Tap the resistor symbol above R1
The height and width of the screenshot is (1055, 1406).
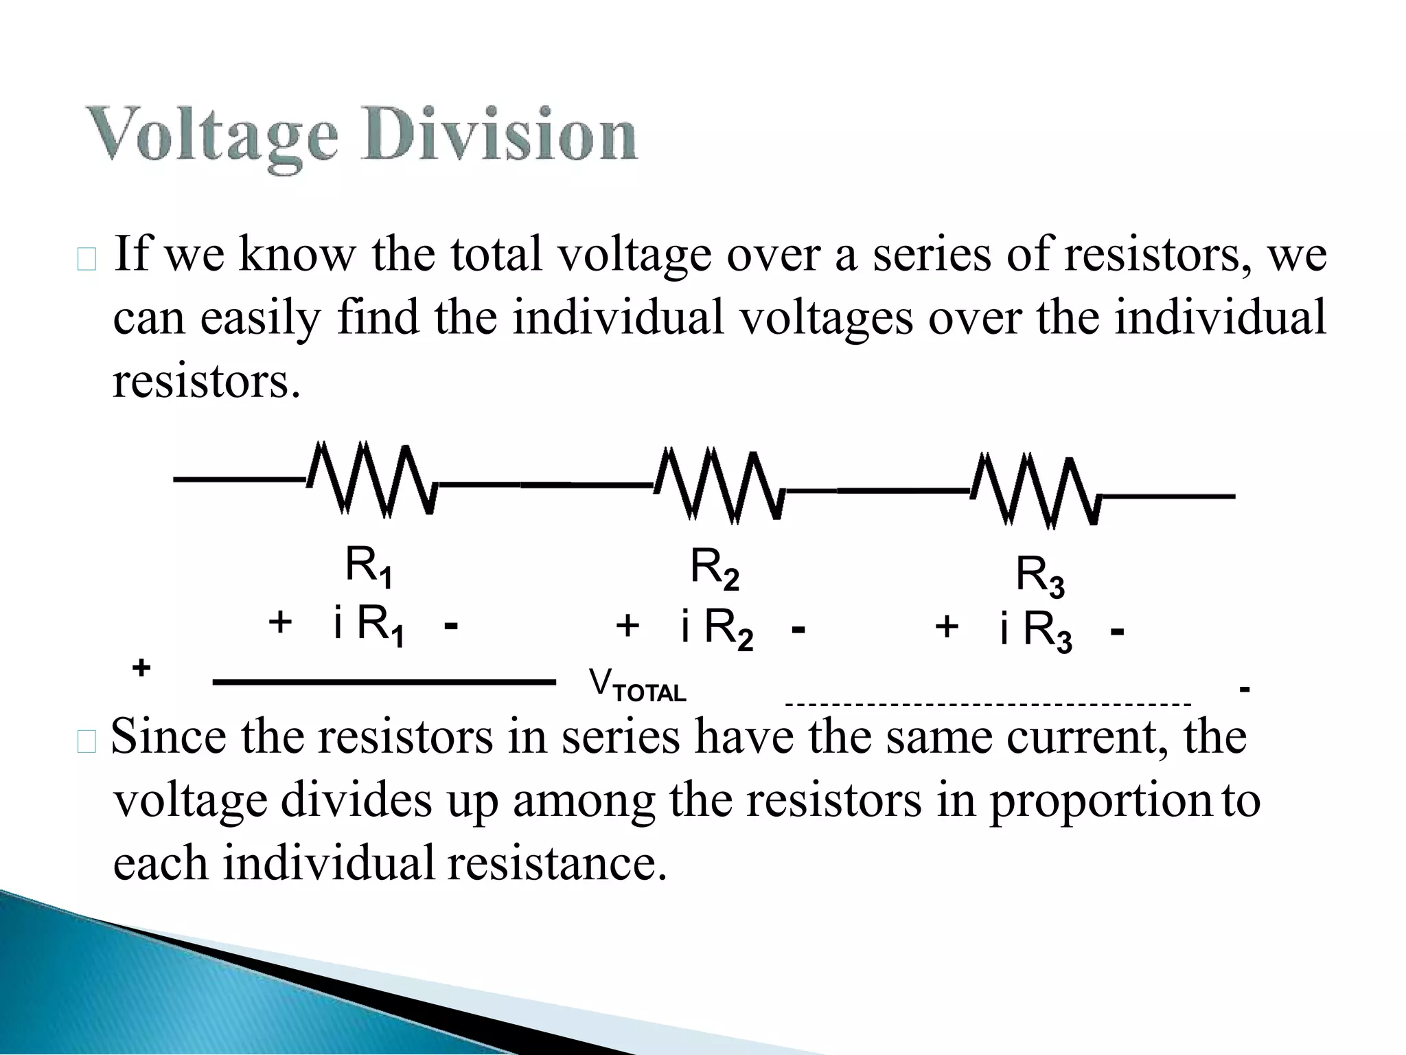pos(371,479)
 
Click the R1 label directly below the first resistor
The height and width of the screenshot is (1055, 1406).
pos(369,567)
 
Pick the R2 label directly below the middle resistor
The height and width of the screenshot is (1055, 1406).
pos(715,569)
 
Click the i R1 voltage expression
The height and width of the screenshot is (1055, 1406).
pos(369,626)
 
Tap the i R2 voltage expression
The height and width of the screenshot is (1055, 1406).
pos(717,629)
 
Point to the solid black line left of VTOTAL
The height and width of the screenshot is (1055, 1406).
pos(384,682)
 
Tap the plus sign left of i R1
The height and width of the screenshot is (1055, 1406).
pos(280,622)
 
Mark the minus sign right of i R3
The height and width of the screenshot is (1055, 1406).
pos(1117,631)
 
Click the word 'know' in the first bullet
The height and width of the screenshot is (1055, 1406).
pos(297,255)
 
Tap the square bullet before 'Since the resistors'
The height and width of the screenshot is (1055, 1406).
pos(87,742)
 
